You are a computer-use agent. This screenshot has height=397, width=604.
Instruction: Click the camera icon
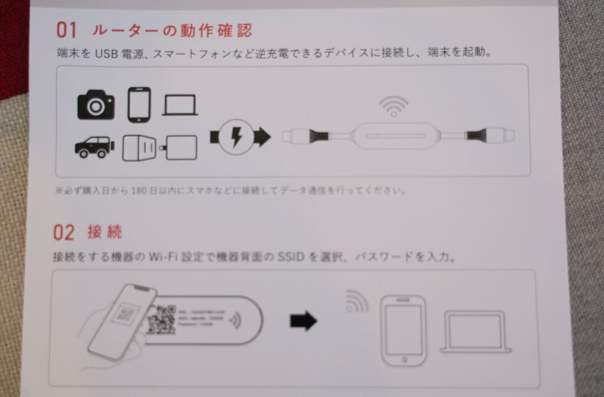pos(96,104)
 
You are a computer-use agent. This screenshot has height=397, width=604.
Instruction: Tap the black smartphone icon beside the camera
pos(139,104)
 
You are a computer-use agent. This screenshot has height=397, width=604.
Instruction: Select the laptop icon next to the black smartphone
pos(180,106)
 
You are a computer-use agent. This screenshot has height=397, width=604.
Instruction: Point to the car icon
pos(93,146)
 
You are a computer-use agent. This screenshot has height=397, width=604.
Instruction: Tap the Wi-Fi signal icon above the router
pos(393,106)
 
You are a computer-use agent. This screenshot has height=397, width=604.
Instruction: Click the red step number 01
pos(67,29)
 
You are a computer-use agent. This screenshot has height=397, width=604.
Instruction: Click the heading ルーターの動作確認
pos(172,29)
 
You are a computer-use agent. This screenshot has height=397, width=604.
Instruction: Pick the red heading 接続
pos(104,231)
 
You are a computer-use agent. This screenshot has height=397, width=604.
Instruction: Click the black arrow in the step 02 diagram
pos(303,321)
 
